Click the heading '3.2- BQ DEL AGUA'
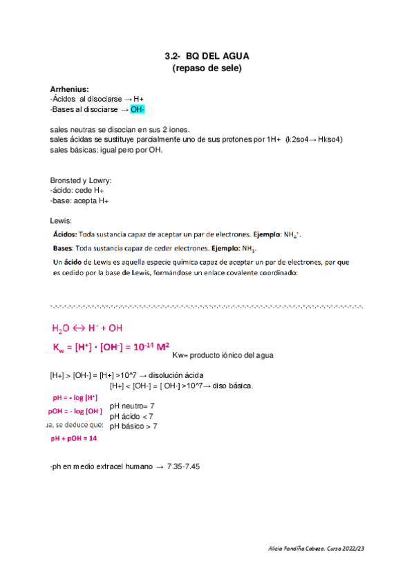[x=207, y=57]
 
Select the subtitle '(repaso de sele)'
[x=207, y=68]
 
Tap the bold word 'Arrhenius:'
[x=69, y=89]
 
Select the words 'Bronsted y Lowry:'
[x=81, y=180]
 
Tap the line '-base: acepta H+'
[x=79, y=200]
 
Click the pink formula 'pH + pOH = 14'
[x=74, y=437]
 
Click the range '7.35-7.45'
[x=184, y=467]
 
